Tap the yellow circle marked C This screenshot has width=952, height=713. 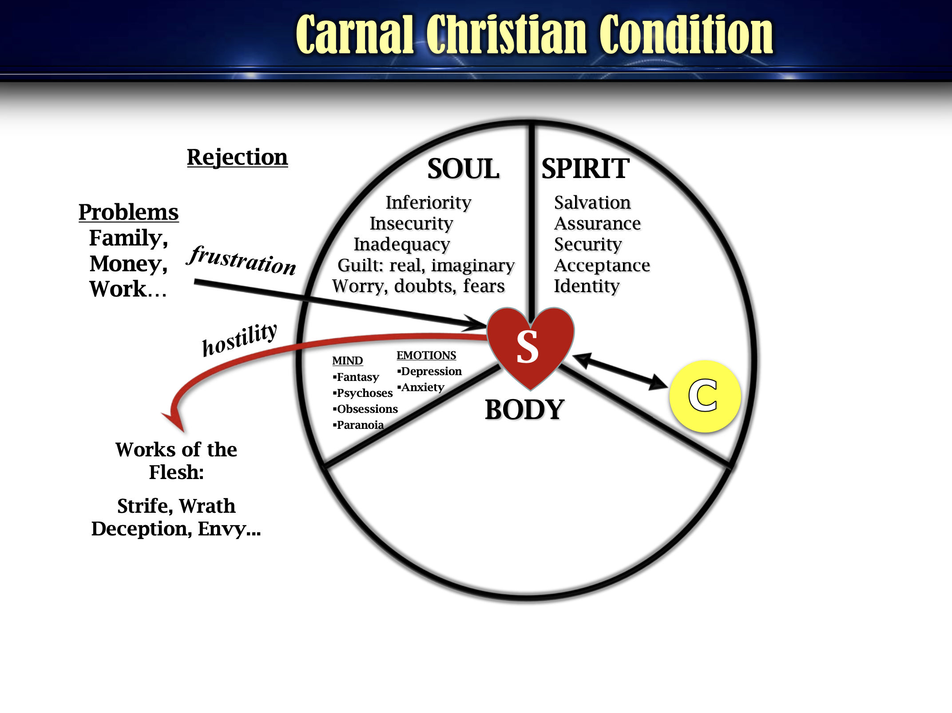tap(705, 396)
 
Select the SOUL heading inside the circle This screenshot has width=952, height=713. tap(463, 169)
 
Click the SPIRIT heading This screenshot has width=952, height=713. tap(585, 169)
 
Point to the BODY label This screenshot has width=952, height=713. tap(524, 409)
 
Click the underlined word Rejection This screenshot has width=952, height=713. tap(237, 157)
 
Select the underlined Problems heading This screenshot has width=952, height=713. tap(129, 212)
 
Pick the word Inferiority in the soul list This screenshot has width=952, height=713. tap(428, 202)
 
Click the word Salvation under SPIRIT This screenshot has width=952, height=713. tap(592, 202)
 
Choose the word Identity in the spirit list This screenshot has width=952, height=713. tap(587, 286)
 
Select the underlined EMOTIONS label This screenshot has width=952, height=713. tap(426, 355)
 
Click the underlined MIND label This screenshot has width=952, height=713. tap(348, 360)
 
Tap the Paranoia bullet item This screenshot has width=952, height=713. tap(358, 425)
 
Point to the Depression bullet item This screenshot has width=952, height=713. tap(429, 371)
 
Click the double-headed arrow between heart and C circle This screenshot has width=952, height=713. tap(620, 371)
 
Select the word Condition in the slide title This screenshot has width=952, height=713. tap(686, 35)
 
